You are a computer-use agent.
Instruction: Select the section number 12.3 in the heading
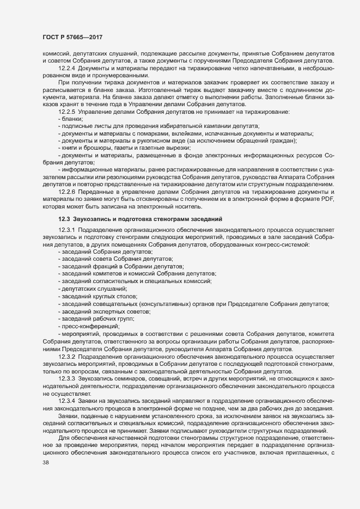(64, 218)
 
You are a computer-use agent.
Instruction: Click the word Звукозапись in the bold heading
(92, 218)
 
